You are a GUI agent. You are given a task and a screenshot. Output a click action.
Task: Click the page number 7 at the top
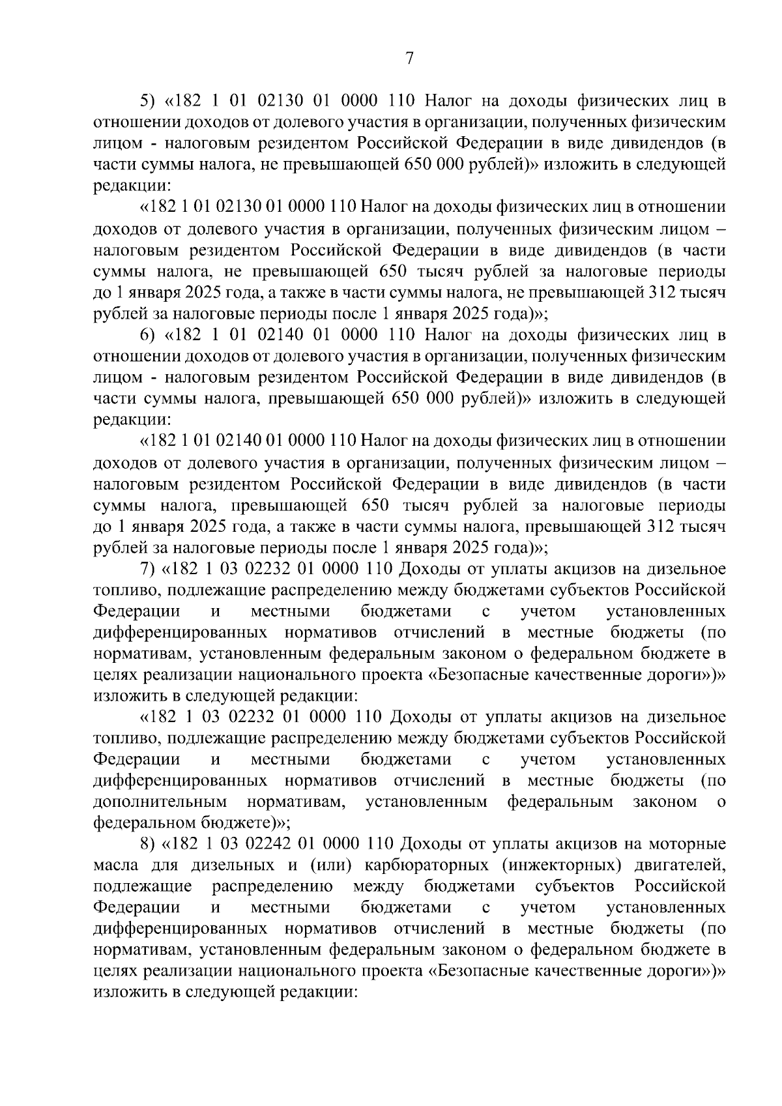pos(409,59)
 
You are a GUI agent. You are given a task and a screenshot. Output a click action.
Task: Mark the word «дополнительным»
pos(160,802)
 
